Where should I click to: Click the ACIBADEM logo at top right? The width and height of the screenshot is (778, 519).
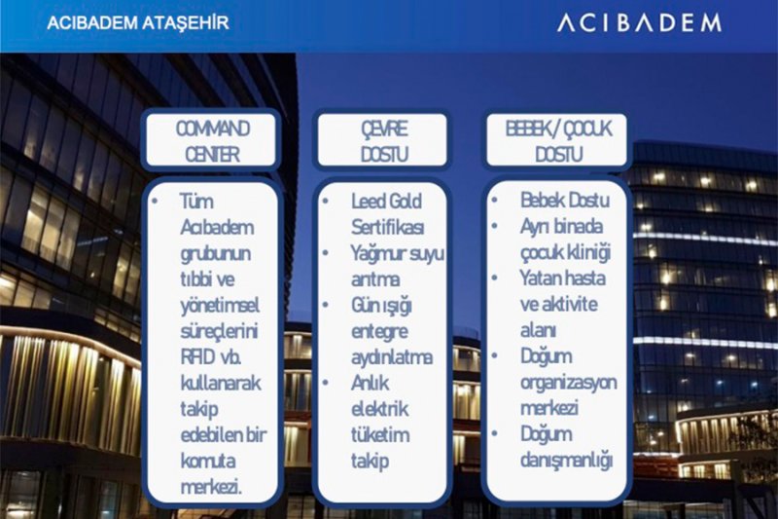(639, 22)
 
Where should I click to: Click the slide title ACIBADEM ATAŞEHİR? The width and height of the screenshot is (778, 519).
(138, 22)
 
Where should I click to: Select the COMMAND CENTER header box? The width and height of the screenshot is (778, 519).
(212, 141)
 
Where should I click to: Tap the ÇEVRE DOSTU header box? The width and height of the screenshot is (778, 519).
(382, 141)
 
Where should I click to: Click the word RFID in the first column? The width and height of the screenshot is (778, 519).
(197, 357)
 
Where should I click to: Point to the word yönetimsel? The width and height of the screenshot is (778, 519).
(220, 306)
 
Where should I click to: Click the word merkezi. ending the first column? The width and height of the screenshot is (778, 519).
(211, 487)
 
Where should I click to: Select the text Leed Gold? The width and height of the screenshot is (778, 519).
(386, 202)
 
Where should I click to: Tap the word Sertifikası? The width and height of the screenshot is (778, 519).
(388, 228)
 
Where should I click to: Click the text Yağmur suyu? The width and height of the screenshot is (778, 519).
(398, 254)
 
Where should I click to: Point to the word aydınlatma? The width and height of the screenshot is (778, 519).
(392, 357)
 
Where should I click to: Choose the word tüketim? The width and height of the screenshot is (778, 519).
(380, 435)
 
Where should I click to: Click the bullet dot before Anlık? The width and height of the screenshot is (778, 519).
(326, 383)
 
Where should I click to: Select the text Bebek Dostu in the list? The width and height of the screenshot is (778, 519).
(565, 201)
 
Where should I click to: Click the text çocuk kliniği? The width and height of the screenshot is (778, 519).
(566, 252)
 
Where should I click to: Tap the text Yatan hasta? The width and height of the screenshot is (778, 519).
(563, 278)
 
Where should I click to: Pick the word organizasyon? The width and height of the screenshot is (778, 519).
(569, 383)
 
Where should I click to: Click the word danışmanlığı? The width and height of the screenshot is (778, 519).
(567, 460)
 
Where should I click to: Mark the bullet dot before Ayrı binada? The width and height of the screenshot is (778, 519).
(495, 226)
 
